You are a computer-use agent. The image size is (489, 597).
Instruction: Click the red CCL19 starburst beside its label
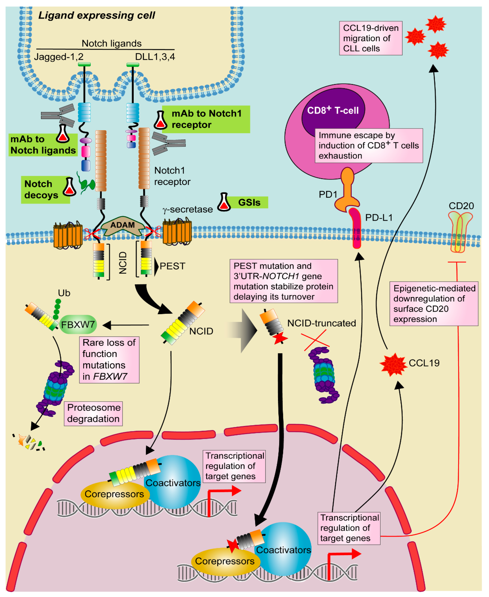point(393,365)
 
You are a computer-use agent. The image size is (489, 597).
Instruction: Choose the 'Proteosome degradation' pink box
point(93,413)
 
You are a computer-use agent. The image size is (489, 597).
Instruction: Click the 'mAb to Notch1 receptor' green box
point(206,119)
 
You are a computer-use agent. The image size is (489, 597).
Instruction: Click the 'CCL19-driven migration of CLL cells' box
point(370,38)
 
